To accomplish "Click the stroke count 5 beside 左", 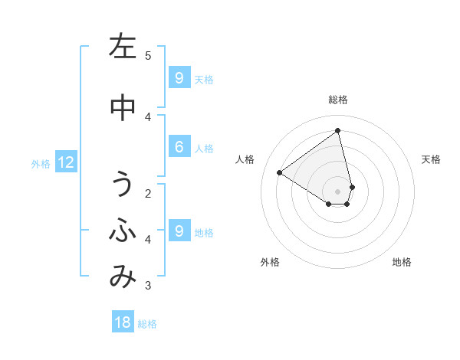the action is pos(148,55).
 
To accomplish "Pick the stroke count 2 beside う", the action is pos(148,193).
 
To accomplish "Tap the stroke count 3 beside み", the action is pos(148,286).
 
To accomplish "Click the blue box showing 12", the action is pos(65,162).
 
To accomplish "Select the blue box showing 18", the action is pos(123,322).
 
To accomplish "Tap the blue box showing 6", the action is pos(179,148).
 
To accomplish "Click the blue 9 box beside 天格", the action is pos(179,78).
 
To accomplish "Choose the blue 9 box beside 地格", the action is pos(179,231).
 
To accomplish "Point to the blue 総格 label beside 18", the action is pos(147,324).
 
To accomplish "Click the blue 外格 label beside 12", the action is pos(41,163).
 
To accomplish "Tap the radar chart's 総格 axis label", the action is pos(338,100).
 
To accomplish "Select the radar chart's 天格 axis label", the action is pos(431,159).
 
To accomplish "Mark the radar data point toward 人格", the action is pos(280,173).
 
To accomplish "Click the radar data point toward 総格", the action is pos(338,131).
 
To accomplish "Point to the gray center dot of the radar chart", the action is pos(338,191).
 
